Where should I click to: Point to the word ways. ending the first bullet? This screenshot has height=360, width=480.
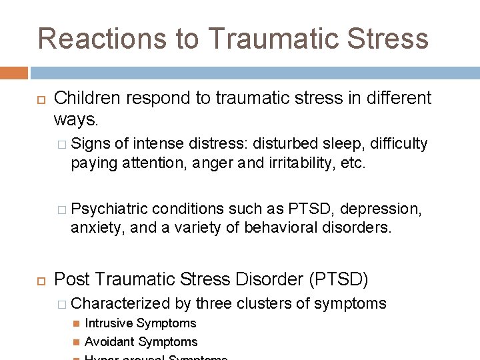click(75, 121)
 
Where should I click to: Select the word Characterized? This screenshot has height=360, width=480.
click(121, 303)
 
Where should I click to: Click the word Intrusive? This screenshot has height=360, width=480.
click(109, 323)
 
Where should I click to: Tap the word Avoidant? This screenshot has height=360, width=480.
click(109, 342)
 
